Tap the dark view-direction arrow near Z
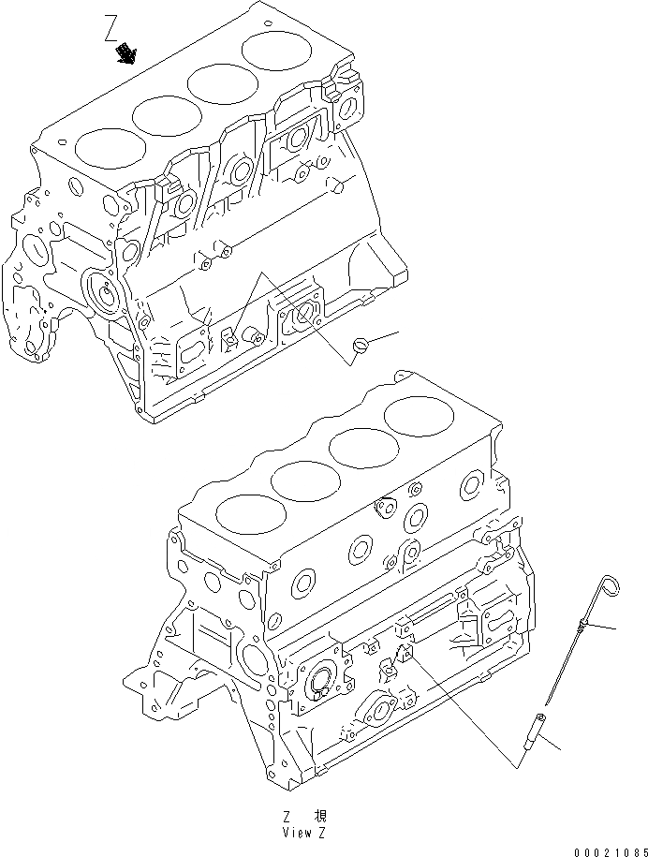click(x=125, y=57)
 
